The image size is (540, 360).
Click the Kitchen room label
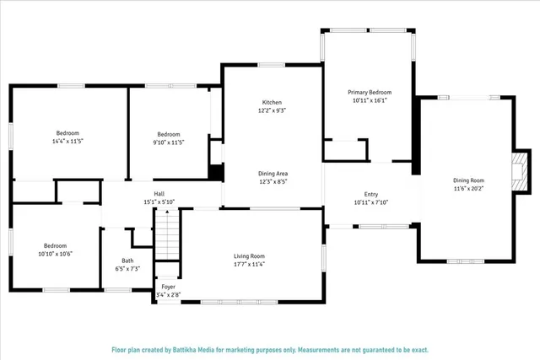point(271,102)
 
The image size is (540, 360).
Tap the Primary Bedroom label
point(370,92)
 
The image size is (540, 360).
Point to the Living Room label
point(249,256)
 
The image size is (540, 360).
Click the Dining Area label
point(273,173)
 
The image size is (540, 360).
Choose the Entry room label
point(370,194)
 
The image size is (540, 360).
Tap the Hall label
point(159,194)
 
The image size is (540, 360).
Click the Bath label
point(127,261)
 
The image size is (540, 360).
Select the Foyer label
point(169,287)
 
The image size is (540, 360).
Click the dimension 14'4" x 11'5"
point(67,142)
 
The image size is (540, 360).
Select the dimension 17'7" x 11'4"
point(249,265)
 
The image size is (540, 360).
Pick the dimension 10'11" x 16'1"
point(370,100)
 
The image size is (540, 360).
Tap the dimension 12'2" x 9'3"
point(271,110)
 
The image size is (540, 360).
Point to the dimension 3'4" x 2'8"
point(169,295)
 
